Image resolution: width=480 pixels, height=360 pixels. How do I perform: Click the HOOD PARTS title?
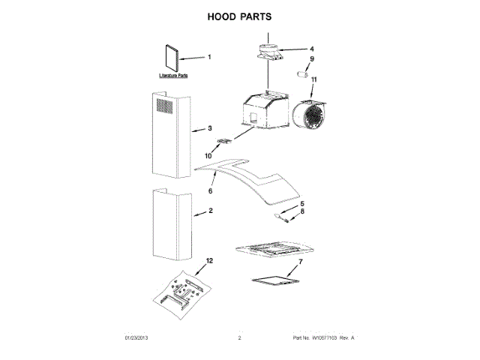coord(239,16)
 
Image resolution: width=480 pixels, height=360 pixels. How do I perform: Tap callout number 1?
coord(209,57)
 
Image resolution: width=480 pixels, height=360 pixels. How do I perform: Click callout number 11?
coord(315,79)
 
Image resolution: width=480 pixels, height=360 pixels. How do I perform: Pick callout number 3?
coord(210,128)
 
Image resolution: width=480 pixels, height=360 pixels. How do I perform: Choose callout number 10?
coord(209,156)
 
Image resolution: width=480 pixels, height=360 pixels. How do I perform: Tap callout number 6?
coord(211,191)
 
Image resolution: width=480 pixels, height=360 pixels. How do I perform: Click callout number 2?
coord(210,211)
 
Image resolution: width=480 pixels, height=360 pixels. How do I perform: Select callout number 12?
coord(209,261)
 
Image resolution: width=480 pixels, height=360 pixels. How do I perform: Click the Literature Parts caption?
coord(172,76)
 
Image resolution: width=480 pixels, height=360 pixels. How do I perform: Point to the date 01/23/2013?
coord(137,339)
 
